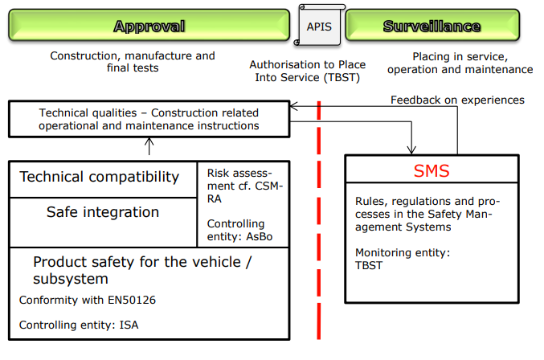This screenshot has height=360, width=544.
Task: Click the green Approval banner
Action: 149,26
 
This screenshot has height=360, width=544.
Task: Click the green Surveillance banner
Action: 432,26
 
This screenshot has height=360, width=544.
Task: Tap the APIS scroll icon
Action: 319,26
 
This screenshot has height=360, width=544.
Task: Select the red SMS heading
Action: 432,170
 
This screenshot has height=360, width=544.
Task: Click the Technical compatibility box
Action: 104,179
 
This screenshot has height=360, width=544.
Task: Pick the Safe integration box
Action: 104,223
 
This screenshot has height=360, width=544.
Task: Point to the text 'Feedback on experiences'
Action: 457,100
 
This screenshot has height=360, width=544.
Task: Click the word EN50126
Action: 132,300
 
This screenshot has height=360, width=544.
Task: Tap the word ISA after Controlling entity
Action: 129,325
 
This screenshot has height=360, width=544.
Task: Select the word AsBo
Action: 260,236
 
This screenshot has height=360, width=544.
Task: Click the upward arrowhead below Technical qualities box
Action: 149,141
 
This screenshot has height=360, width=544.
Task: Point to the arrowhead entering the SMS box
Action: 411,150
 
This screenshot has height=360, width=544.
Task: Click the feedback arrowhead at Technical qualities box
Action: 293,107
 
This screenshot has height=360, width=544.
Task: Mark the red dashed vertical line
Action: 319,220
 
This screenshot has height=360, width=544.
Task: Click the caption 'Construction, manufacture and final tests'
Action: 133,62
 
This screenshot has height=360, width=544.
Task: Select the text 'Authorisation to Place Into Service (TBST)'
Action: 308,71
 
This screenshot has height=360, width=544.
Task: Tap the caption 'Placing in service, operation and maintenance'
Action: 460,63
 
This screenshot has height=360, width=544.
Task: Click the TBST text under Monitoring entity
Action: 369,265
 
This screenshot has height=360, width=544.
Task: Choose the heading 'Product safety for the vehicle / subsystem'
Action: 142,270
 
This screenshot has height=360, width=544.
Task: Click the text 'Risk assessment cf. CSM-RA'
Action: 245,186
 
